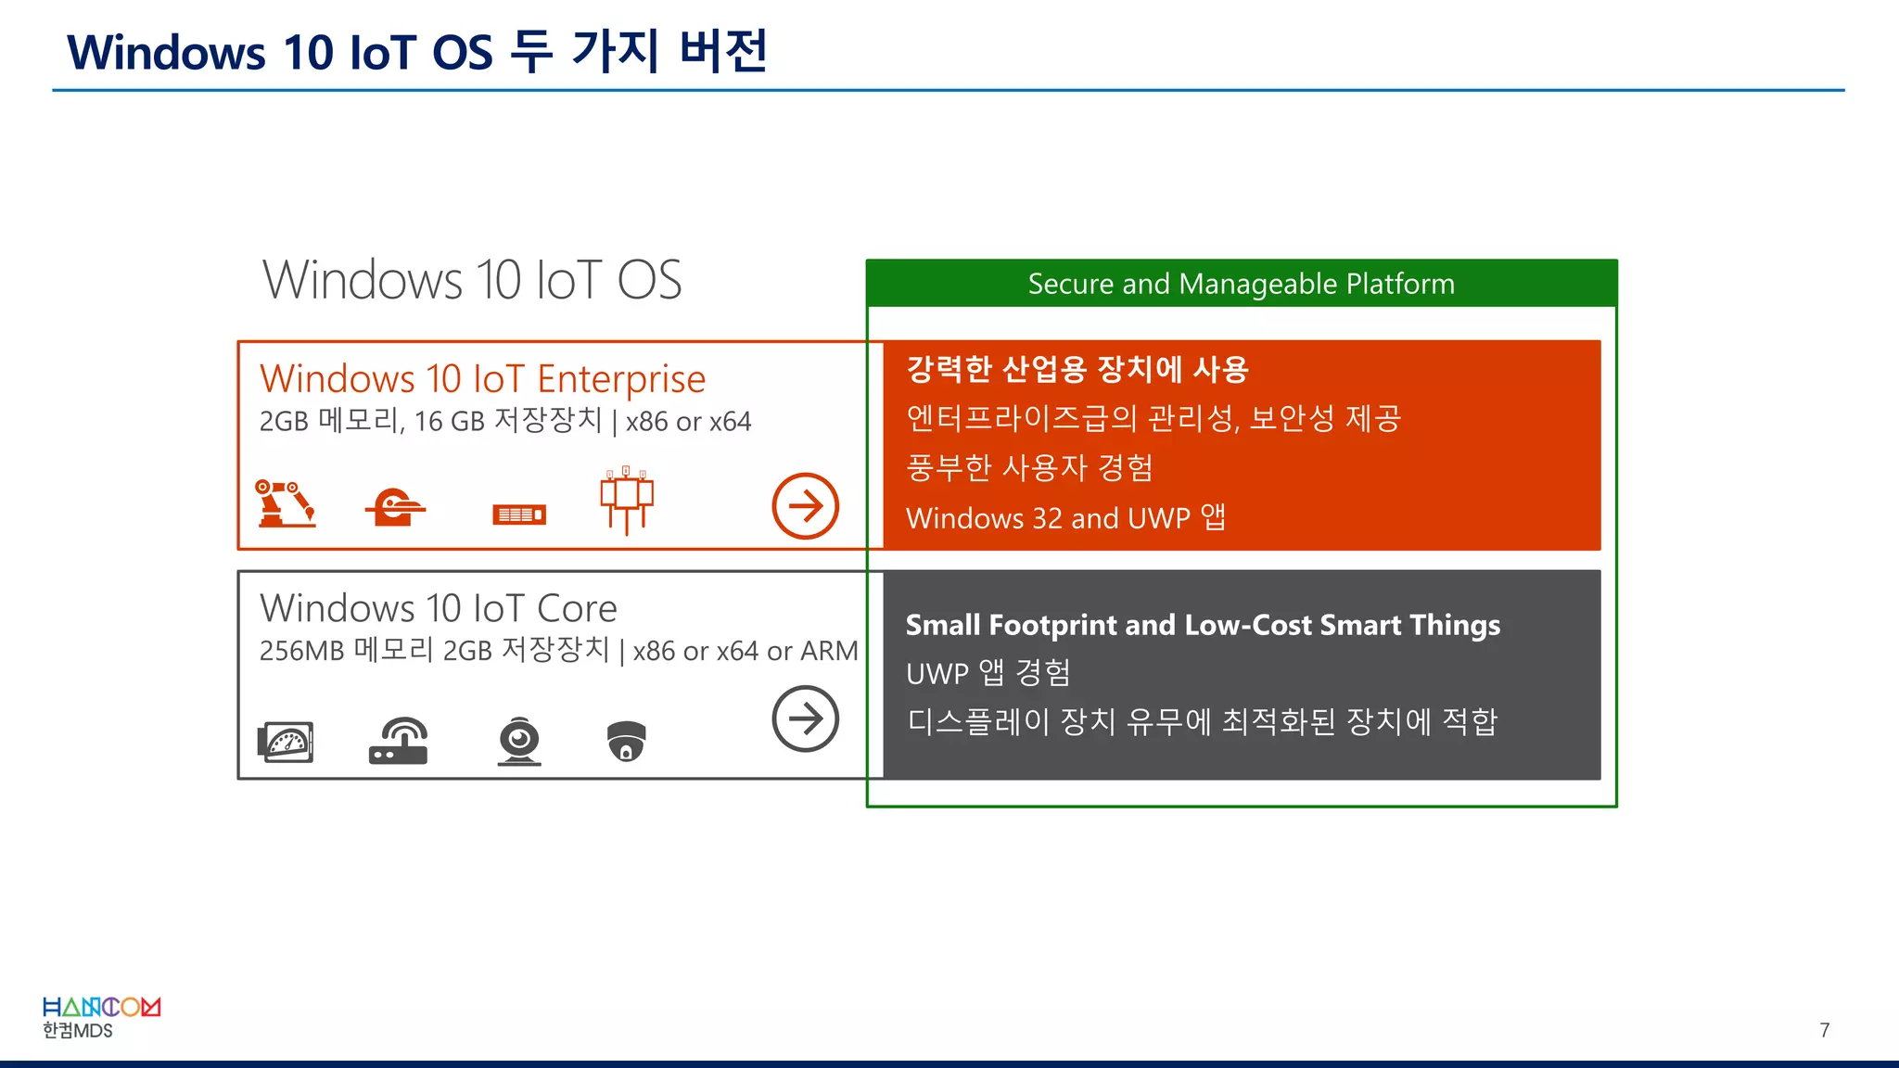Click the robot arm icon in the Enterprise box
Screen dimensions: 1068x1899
click(x=285, y=503)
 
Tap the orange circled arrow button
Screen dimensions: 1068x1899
click(x=805, y=506)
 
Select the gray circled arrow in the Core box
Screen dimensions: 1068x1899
click(x=805, y=718)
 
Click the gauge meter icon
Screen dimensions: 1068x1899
click(x=286, y=742)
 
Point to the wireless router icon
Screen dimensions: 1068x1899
click(x=399, y=741)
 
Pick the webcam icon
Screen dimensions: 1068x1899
click(x=519, y=741)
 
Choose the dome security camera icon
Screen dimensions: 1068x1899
click(x=627, y=741)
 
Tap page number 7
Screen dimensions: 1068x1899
click(x=1824, y=1030)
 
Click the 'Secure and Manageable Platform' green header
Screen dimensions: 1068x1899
click(x=1241, y=284)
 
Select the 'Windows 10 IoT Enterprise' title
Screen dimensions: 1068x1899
click(x=482, y=379)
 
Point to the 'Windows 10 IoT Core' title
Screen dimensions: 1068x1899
click(x=439, y=608)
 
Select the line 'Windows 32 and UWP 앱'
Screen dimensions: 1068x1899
click(x=1065, y=517)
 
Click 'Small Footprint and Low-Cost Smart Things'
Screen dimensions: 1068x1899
click(x=1203, y=625)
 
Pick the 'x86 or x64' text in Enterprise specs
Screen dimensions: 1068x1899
click(x=688, y=422)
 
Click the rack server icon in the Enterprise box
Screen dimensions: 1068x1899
click(x=519, y=515)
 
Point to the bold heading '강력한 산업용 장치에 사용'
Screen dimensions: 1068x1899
click(x=1077, y=370)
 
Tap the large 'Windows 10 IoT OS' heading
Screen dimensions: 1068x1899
click(x=472, y=280)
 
